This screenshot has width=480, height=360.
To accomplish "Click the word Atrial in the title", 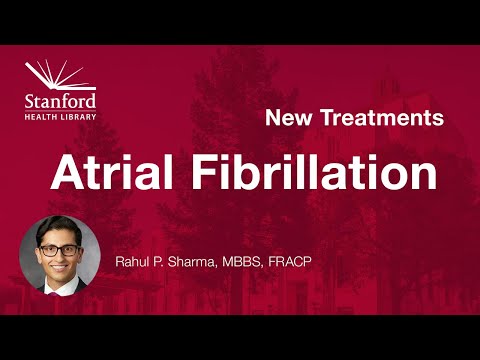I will point(118,173).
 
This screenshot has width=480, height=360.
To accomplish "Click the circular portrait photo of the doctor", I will point(59,256).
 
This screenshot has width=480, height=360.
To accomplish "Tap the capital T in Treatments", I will point(326,118).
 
